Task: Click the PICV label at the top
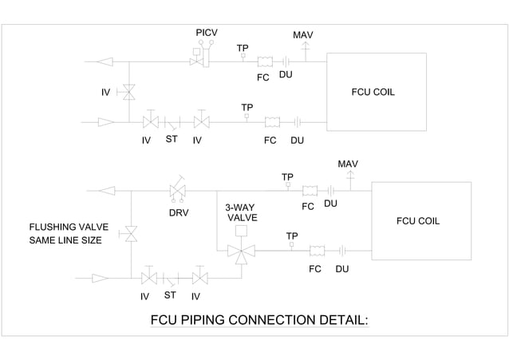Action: pyautogui.click(x=207, y=32)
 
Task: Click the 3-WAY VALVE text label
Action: pyautogui.click(x=242, y=212)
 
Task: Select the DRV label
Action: pyautogui.click(x=179, y=214)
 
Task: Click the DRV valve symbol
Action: pyautogui.click(x=178, y=192)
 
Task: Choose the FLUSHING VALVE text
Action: pyautogui.click(x=69, y=227)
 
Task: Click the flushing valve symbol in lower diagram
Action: pyautogui.click(x=128, y=235)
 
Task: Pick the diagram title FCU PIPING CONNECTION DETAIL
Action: pyautogui.click(x=259, y=321)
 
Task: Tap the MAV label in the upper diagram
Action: pyautogui.click(x=303, y=36)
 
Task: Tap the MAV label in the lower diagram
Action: pyautogui.click(x=348, y=164)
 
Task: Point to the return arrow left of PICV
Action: pyautogui.click(x=104, y=61)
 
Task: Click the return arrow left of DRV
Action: pyautogui.click(x=106, y=191)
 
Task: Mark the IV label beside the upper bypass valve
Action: pyautogui.click(x=105, y=93)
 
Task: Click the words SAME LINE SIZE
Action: pyautogui.click(x=65, y=240)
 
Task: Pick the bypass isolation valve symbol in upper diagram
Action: pyautogui.click(x=128, y=93)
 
